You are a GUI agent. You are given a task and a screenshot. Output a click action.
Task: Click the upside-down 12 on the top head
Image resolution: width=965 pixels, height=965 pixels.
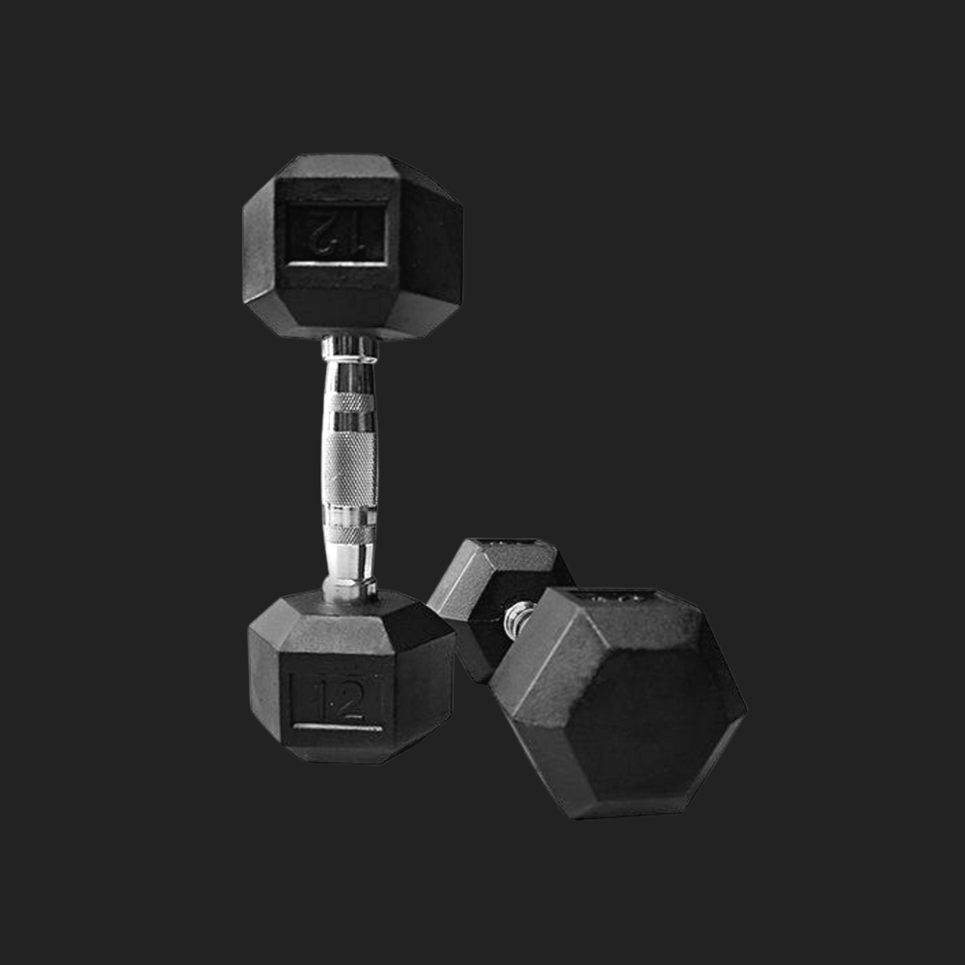(x=337, y=234)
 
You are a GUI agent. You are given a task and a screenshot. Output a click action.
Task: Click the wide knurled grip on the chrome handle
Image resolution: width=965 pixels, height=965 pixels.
(x=349, y=468)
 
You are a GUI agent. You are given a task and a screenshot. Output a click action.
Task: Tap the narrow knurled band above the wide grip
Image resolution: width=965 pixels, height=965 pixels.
(x=349, y=402)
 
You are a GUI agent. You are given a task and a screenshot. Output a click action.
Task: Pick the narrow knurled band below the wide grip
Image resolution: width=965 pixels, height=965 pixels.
(x=349, y=535)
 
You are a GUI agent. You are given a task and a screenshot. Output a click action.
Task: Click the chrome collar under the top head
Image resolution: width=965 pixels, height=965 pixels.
(x=349, y=348)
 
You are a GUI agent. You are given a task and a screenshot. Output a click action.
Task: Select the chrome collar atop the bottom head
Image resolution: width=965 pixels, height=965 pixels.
(x=349, y=589)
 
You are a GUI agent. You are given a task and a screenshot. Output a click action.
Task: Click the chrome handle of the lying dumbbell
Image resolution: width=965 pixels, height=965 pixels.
(x=518, y=619)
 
